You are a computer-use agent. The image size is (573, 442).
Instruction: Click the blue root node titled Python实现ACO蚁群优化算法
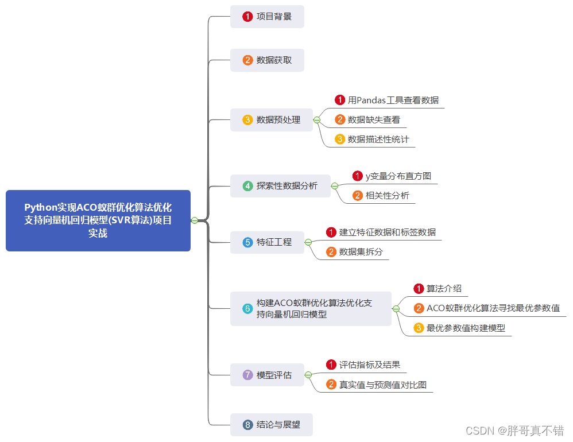click(98, 220)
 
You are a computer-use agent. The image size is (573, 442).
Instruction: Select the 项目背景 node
click(267, 17)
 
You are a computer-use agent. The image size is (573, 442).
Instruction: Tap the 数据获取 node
click(267, 60)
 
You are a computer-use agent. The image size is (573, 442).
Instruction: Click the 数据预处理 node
click(272, 120)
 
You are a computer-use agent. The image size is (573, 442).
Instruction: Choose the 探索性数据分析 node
click(280, 186)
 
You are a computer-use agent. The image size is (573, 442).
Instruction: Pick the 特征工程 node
click(267, 242)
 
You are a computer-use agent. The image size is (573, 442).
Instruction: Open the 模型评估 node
click(267, 375)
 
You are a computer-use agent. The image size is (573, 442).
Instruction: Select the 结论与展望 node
click(272, 425)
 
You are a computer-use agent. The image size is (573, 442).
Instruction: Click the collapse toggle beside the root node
click(195, 220)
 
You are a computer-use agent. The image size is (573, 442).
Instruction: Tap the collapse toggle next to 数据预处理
click(316, 120)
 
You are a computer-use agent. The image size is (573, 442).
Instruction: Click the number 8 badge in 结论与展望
click(247, 425)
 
